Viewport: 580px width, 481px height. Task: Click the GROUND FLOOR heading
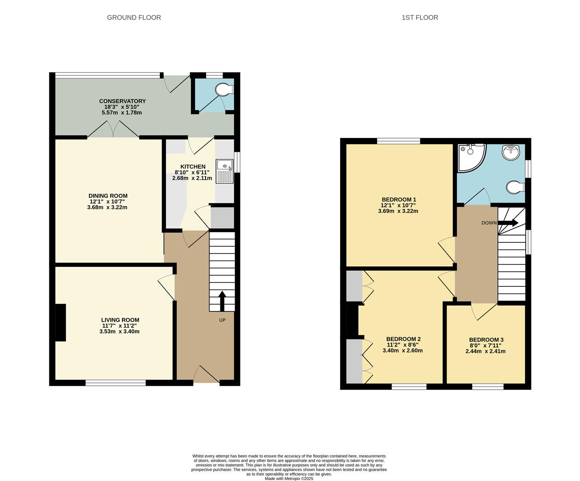[134, 18]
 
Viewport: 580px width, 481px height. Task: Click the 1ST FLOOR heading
[420, 18]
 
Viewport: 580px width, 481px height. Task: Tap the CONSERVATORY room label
[122, 101]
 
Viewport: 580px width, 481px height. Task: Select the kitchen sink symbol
[224, 171]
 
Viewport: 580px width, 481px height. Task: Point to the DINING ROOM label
[108, 196]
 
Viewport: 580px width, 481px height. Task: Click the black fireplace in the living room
[60, 322]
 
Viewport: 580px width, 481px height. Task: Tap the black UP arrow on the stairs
[222, 301]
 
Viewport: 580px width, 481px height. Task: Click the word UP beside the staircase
[222, 320]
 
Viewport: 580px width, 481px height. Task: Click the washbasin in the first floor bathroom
[511, 153]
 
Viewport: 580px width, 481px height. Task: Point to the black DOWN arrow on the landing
[508, 223]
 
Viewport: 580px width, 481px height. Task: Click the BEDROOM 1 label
[398, 200]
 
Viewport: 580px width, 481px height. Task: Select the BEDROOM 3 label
[486, 340]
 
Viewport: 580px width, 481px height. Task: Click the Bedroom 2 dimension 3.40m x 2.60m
[403, 351]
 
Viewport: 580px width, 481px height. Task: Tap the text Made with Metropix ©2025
[289, 479]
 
